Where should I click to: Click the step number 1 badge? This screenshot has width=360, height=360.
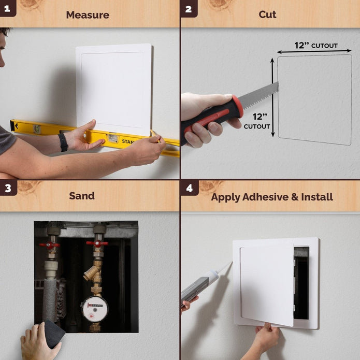tap(7, 8)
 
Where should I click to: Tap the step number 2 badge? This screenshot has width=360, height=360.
tap(188, 8)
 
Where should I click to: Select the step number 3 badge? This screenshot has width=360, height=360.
tap(7, 188)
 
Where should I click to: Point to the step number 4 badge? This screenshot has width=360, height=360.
tap(189, 188)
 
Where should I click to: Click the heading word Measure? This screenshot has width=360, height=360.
tap(87, 15)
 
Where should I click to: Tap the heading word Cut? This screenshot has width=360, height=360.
tap(267, 15)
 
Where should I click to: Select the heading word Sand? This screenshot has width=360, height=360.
tap(82, 196)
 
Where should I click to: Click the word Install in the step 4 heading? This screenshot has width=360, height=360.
tap(316, 197)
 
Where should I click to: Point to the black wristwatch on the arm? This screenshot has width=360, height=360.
tap(63, 142)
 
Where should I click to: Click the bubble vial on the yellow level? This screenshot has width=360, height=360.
tap(112, 138)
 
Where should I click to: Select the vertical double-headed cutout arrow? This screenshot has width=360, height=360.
tap(273, 97)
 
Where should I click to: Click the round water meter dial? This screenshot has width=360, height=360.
tap(95, 309)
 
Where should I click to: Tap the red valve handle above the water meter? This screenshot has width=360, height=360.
tap(97, 243)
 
